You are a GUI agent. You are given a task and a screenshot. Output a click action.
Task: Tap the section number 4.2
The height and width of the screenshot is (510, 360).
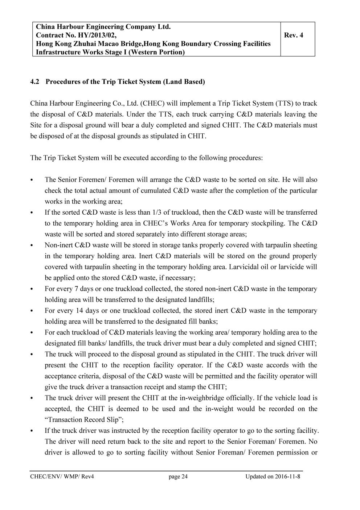tap(35, 81)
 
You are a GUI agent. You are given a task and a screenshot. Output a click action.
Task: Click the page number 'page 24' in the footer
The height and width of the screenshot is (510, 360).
tap(178, 477)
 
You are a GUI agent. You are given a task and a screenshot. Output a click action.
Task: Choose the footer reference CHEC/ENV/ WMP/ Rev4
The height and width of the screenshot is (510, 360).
tap(62, 477)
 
